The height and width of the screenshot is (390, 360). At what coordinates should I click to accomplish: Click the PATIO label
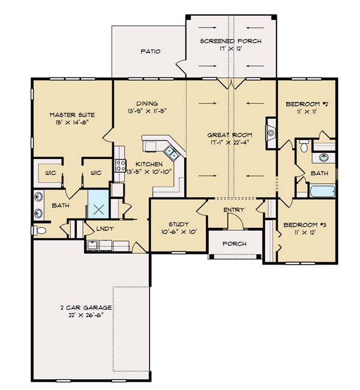[x=150, y=52]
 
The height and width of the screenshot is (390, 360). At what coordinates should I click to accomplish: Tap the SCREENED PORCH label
[x=230, y=41]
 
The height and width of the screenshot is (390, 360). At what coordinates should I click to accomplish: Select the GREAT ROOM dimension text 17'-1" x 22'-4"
[x=229, y=142]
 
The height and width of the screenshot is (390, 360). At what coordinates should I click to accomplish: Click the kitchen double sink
[x=171, y=153]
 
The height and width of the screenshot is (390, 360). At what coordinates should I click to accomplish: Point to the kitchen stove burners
[x=121, y=166]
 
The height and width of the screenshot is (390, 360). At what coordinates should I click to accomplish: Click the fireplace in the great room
[x=271, y=133]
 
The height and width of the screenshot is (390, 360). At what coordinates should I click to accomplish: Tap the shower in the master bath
[x=98, y=204]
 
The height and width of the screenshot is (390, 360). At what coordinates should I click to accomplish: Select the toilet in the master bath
[x=40, y=230]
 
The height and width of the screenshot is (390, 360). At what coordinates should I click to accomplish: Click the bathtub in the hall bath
[x=322, y=191]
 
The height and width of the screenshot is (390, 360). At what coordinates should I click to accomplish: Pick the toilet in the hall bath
[x=304, y=146]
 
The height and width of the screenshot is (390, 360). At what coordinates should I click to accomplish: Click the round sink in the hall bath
[x=323, y=158]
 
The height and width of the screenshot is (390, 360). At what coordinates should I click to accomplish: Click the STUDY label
[x=179, y=224]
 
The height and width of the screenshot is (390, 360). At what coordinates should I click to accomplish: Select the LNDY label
[x=105, y=229]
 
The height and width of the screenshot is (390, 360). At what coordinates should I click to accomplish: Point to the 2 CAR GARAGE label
[x=86, y=308]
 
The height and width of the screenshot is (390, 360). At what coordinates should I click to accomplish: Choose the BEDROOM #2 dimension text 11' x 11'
[x=307, y=112]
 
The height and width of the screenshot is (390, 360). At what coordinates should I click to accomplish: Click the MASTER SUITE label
[x=72, y=115]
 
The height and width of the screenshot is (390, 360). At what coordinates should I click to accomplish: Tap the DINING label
[x=147, y=103]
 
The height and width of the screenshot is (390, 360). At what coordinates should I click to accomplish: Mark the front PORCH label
[x=235, y=244]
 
